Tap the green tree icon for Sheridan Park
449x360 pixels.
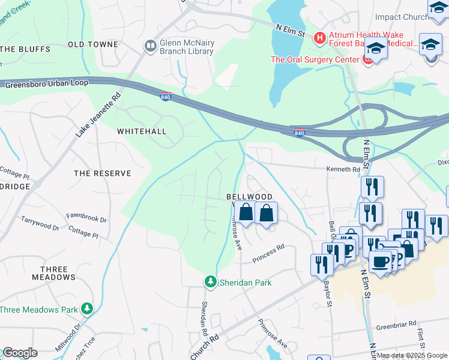pos(210,281)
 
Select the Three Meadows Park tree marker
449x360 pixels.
pos(88,309)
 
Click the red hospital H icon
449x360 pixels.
pos(319,38)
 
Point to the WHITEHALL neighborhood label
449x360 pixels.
pos(141,131)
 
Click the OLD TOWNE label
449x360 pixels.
pos(91,45)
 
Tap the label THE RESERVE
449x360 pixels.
pos(102,173)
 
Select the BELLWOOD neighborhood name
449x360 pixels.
pos(249,197)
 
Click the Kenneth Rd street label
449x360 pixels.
pos(343,170)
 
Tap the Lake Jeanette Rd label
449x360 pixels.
pos(98,113)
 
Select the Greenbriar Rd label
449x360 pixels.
pos(396,325)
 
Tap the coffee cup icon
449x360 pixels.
pos(380,261)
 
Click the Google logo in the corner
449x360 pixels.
pos(20,353)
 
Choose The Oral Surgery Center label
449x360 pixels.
pos(314,59)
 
